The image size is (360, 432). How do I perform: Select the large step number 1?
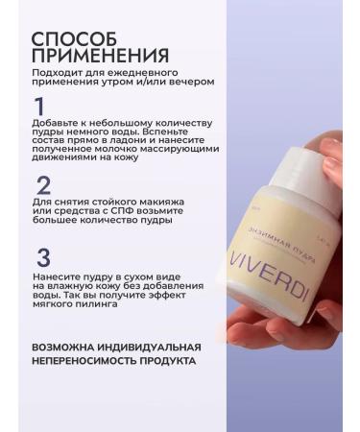tap(40, 106)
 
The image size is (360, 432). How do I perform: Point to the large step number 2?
tap(43, 184)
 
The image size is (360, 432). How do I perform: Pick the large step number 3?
tap(43, 258)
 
